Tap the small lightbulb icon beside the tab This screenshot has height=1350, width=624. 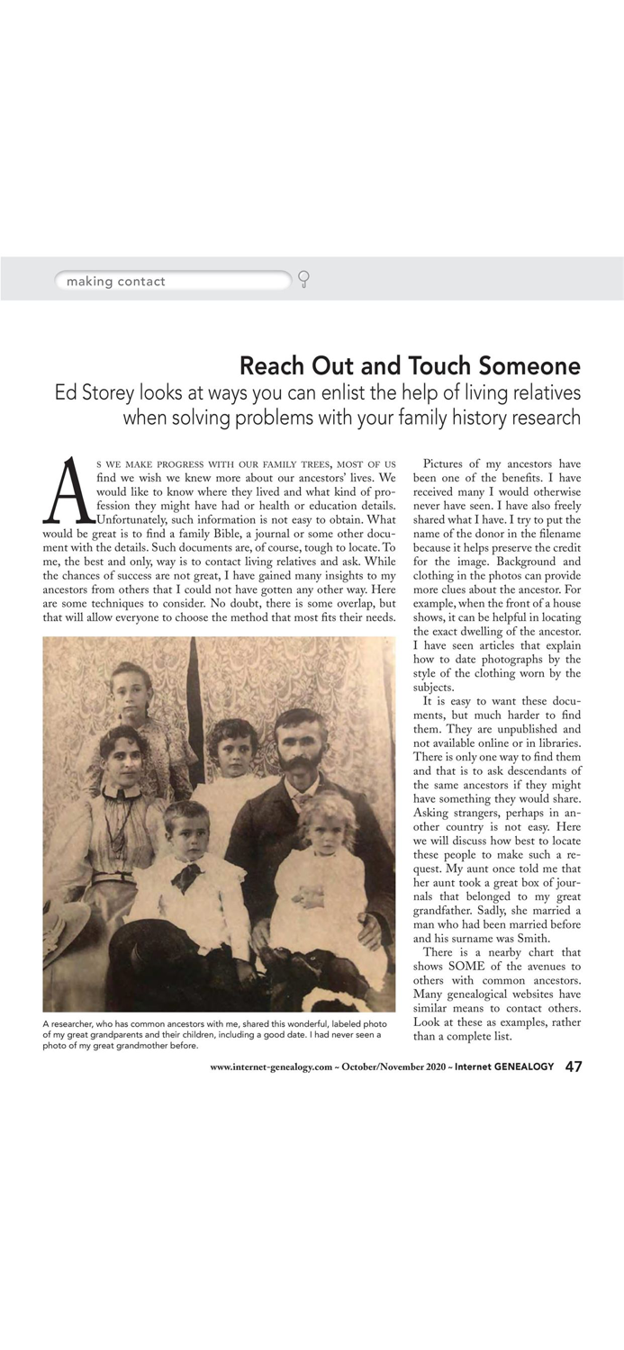[303, 279]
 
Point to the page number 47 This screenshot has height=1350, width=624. [574, 1066]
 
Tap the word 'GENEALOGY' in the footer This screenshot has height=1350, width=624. [523, 1067]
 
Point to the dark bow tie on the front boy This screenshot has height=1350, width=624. [188, 874]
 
